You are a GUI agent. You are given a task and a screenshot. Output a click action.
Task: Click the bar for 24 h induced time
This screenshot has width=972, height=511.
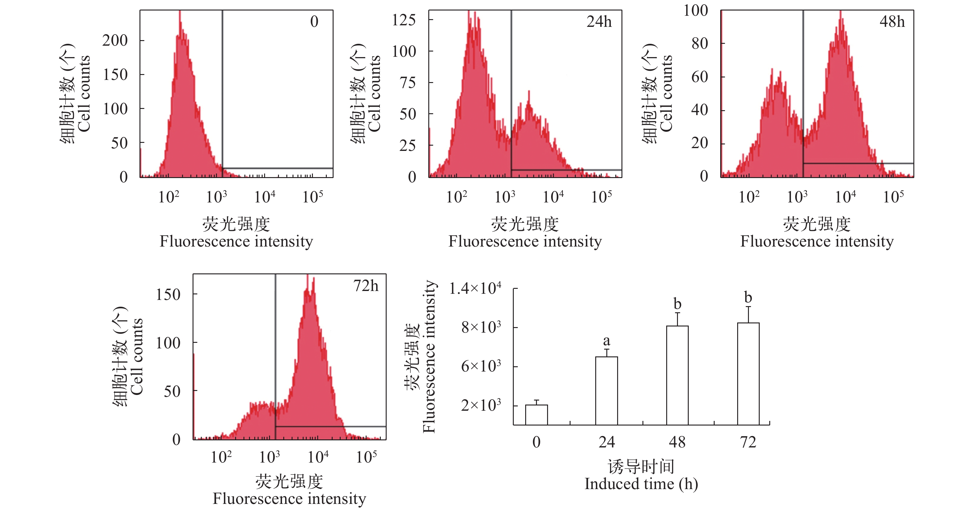[606, 391]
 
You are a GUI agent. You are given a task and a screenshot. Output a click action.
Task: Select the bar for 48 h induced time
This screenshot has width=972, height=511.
[677, 375]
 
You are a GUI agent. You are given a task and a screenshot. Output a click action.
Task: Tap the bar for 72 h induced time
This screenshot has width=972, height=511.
[748, 374]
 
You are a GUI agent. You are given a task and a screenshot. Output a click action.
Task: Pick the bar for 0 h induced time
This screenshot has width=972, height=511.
[536, 415]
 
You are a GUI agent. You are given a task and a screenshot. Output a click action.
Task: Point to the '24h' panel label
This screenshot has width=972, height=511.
[599, 22]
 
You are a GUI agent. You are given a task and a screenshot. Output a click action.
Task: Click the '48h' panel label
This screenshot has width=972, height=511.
[892, 22]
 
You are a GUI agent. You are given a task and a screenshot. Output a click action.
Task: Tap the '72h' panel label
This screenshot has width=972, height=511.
[366, 286]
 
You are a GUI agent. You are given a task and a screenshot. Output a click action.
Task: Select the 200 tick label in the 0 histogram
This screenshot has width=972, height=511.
[115, 40]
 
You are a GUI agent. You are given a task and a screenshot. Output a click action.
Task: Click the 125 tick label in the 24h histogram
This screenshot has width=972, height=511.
[404, 20]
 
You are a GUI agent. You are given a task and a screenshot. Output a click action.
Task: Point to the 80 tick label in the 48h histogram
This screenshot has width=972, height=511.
[700, 44]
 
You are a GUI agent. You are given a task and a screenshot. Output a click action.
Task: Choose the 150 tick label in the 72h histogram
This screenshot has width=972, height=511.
[168, 295]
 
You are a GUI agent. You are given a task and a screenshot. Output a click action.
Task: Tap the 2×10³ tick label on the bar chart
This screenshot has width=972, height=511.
[481, 405]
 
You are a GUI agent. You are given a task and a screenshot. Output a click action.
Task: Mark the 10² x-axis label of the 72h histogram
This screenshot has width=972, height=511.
[221, 457]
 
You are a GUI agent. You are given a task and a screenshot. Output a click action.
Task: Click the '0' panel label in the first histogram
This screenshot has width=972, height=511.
[314, 22]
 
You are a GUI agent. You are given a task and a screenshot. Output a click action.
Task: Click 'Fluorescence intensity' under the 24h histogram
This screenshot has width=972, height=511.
[525, 242]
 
